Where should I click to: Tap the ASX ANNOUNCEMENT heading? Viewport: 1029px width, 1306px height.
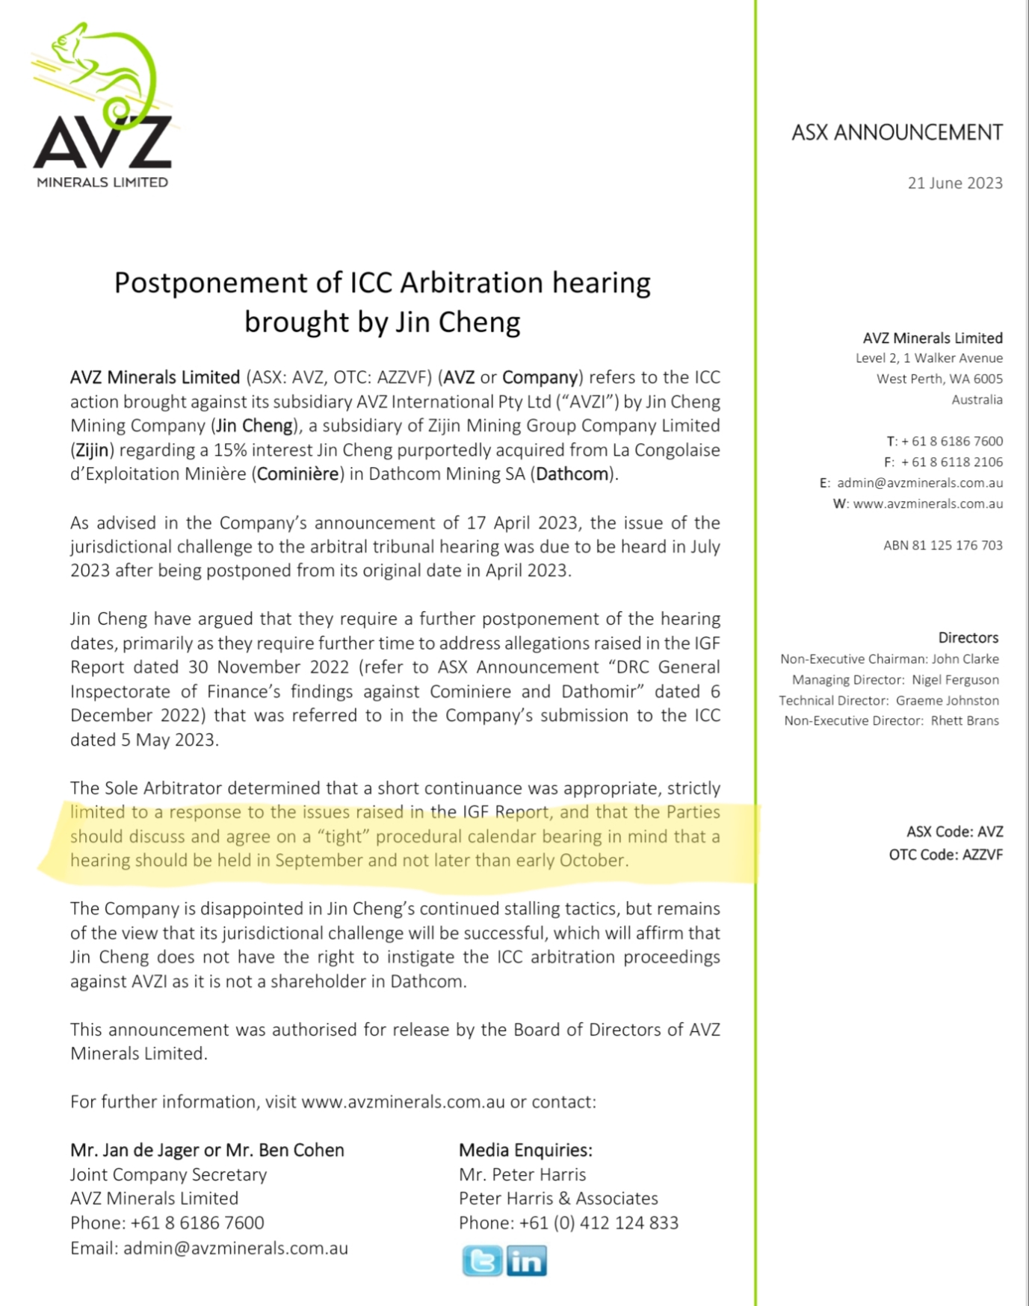point(897,133)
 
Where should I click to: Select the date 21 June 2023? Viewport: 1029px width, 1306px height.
point(954,183)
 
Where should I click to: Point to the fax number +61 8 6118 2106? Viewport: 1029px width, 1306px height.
point(951,462)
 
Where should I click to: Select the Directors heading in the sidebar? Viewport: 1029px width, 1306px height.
point(968,637)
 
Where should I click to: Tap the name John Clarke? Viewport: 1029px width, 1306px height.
point(965,659)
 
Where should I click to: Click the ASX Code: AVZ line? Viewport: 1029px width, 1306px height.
point(954,832)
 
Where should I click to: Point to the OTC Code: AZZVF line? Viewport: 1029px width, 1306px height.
point(945,854)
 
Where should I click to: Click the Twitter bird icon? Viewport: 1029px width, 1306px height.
point(482,1261)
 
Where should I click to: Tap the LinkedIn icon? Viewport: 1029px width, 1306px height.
point(527,1261)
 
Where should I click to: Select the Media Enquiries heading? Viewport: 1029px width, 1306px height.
point(525,1150)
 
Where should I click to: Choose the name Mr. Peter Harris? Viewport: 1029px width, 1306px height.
point(522,1175)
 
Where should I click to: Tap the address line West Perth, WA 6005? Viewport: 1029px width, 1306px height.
point(939,379)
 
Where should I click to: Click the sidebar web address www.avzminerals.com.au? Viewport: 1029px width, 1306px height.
point(927,504)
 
